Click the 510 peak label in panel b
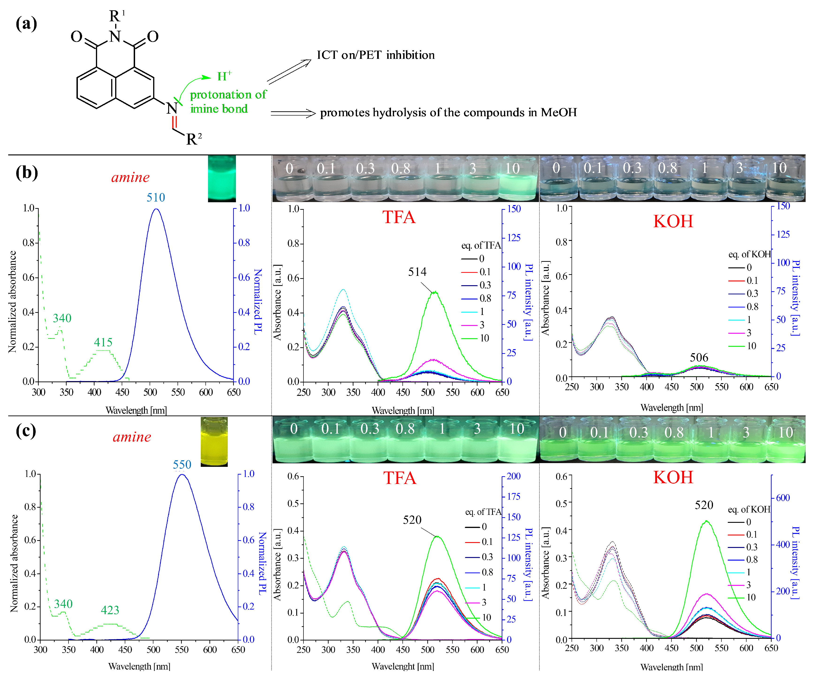156,197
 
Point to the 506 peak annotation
699,357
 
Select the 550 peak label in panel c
182,464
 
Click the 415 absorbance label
103,342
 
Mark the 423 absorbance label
110,610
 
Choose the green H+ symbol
224,76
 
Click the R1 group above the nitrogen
116,16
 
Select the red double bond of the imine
174,121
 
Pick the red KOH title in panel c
673,477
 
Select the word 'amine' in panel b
130,177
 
